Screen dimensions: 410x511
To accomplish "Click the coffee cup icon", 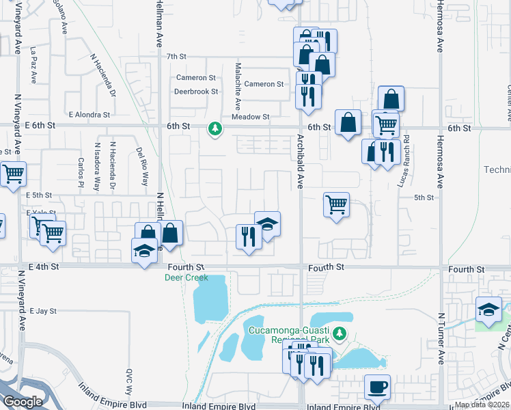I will (x=377, y=387).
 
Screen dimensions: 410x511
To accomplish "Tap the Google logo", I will (x=23, y=402).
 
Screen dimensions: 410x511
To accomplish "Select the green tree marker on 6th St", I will (x=215, y=128).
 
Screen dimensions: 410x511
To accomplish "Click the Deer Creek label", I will (x=185, y=277).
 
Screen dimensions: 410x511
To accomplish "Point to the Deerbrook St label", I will (x=195, y=91).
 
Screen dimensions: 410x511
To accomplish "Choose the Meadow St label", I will (x=251, y=117).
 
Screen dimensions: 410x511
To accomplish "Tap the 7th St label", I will (x=176, y=57).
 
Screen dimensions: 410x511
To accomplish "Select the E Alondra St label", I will (x=89, y=115).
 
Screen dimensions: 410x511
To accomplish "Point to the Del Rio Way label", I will (x=142, y=167).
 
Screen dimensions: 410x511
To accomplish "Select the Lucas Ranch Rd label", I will (x=406, y=161).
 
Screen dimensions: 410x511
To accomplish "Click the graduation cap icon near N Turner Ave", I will (x=489, y=310).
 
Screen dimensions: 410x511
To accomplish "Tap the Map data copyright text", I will (x=482, y=405).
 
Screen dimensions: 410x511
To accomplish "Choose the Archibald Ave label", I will (x=299, y=171).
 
